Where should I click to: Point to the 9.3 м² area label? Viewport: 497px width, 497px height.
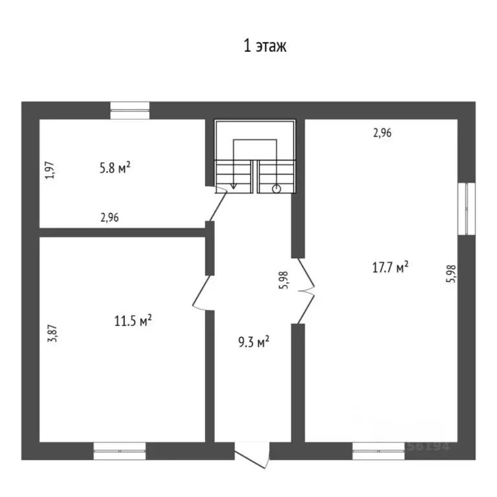point(252,340)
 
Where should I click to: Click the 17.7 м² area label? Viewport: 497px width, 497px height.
point(390,267)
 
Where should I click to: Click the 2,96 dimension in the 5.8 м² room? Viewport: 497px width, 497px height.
point(109,218)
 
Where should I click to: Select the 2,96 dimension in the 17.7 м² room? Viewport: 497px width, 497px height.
point(382,133)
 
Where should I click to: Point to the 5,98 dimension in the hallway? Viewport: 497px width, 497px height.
point(283,281)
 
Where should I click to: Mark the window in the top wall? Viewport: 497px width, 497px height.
point(129,111)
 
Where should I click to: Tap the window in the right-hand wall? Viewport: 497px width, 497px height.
point(467,208)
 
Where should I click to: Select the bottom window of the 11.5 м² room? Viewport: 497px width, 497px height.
point(120,450)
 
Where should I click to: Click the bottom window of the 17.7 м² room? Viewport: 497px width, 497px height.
point(379,450)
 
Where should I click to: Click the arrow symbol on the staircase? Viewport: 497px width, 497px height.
point(233,185)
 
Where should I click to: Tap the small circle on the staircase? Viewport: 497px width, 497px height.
point(276,189)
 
